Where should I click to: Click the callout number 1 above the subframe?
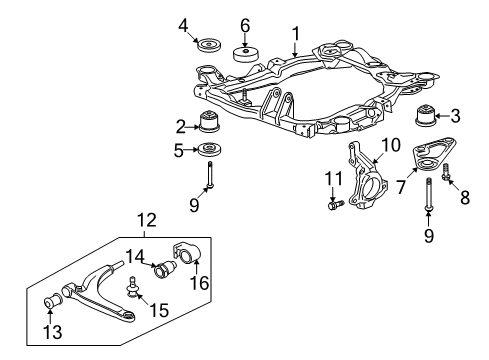[x=296, y=37]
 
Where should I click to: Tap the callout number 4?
[x=183, y=23]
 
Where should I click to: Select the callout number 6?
[x=245, y=23]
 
